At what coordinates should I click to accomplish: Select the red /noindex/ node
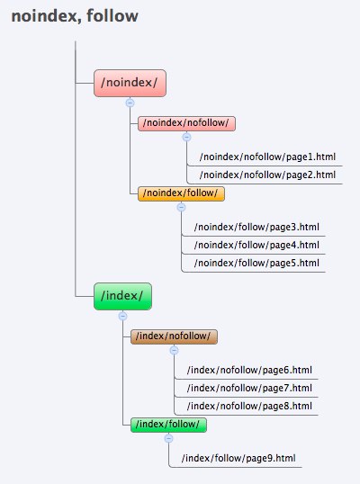130,83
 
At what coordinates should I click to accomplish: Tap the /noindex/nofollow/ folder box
186,123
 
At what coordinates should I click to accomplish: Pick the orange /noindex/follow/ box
181,193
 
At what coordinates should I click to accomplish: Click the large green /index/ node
122,296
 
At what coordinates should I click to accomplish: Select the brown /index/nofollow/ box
174,336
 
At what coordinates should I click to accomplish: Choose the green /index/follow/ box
168,425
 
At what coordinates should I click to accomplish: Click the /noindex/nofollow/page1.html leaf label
267,157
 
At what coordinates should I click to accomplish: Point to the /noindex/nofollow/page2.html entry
267,175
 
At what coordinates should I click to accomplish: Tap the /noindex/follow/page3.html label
256,228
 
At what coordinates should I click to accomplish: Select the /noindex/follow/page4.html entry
256,245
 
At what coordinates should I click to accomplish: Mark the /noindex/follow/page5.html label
256,263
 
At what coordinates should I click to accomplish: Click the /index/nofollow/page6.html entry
249,370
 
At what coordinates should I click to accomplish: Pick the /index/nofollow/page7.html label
249,388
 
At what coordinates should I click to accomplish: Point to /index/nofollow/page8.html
249,406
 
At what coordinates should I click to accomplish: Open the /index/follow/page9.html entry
238,458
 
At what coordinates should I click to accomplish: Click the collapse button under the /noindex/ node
130,103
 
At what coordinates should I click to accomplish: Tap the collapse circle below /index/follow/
168,438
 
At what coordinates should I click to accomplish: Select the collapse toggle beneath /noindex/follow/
181,207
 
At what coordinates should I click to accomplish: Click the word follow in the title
112,16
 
